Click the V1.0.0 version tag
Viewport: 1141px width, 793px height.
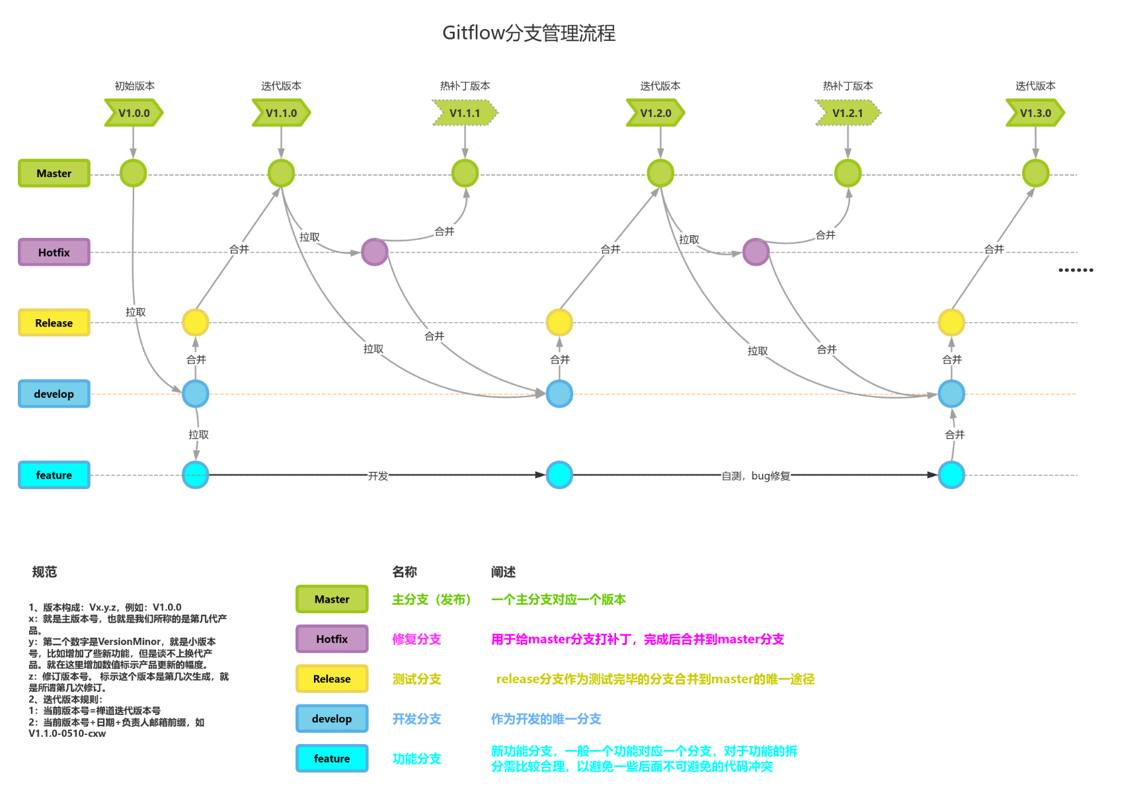click(134, 113)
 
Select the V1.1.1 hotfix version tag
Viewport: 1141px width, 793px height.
click(465, 113)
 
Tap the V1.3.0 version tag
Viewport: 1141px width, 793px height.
click(1035, 113)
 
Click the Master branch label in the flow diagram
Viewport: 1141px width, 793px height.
click(54, 173)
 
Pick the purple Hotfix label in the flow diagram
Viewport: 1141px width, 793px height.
click(54, 252)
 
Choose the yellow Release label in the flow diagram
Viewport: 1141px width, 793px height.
click(54, 323)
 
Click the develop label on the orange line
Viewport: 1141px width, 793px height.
click(54, 394)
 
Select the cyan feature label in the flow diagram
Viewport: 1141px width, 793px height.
click(54, 475)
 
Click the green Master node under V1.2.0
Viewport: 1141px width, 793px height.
click(660, 173)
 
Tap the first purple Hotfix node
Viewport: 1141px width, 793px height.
click(375, 252)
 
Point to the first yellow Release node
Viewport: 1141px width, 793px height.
click(196, 322)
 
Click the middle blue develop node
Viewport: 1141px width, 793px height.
click(559, 394)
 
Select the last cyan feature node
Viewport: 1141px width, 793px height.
click(951, 475)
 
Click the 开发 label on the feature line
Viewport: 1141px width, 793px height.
click(378, 476)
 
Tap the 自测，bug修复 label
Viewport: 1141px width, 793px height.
click(756, 476)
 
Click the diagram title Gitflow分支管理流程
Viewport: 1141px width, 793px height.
click(529, 33)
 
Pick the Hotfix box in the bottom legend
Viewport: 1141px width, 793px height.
click(332, 639)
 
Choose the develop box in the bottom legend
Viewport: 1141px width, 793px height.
click(332, 718)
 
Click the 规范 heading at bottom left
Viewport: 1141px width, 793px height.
click(44, 572)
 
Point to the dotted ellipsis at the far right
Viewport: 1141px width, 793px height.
click(1076, 270)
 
